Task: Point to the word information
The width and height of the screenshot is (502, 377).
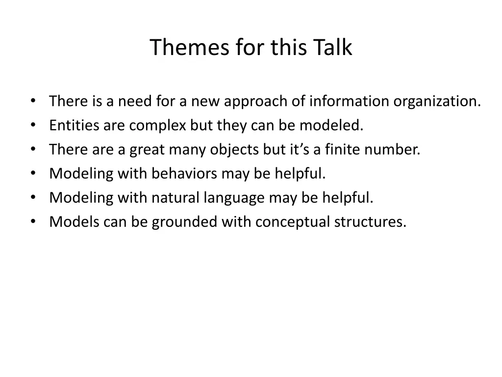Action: pos(350,102)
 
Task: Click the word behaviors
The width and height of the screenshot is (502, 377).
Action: pos(184,174)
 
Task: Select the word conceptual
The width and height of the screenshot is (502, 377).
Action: pos(294,222)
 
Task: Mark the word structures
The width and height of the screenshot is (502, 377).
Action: pos(370,222)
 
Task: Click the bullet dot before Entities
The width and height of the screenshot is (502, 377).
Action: pos(32,125)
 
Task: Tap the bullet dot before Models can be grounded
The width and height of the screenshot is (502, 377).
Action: pos(32,221)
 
